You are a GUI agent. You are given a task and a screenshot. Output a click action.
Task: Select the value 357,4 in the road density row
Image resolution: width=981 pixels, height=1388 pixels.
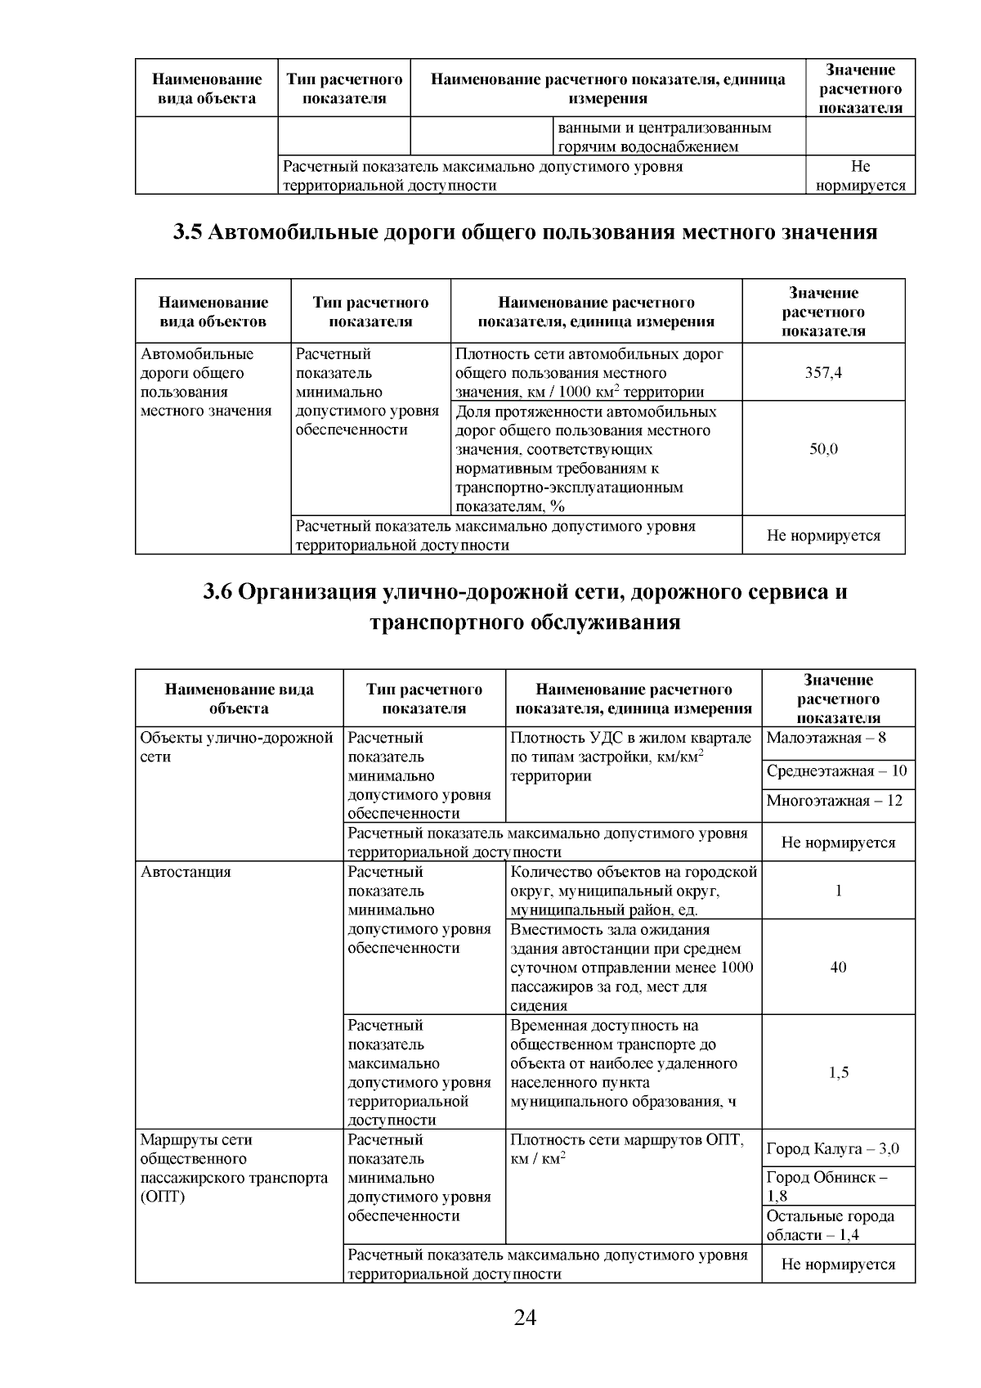[x=824, y=373]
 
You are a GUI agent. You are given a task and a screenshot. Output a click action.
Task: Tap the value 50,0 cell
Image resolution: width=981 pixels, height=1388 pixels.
[x=824, y=449]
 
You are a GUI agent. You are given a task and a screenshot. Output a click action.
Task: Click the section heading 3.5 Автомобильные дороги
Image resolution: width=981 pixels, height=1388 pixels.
[x=524, y=232]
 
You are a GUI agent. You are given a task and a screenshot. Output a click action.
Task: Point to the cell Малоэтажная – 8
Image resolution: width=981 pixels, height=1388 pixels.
[x=826, y=738]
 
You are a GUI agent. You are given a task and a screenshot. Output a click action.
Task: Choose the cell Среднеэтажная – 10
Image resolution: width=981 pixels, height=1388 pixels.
[x=836, y=771]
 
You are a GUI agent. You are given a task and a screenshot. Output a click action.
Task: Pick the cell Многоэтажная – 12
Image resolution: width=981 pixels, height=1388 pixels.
[x=834, y=801]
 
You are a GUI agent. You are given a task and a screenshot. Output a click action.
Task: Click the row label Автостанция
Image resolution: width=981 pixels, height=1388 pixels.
[x=186, y=872]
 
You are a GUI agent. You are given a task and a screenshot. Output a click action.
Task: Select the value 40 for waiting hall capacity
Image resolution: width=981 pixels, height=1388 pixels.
[x=838, y=968]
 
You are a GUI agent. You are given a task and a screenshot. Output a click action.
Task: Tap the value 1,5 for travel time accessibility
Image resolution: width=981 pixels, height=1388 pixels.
[x=838, y=1072]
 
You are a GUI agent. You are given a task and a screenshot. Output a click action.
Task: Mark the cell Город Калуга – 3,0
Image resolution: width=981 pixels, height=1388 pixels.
[x=832, y=1149]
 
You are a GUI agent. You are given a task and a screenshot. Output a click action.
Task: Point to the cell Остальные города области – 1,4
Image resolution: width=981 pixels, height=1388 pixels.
[x=830, y=1225]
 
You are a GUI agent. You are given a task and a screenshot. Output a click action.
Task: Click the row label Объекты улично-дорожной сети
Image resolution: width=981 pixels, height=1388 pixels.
[x=236, y=747]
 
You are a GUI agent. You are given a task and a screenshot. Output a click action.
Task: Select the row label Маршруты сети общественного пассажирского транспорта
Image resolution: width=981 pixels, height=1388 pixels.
[x=233, y=1168]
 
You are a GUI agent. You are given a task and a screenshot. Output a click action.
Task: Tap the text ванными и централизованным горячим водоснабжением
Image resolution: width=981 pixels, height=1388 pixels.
[x=664, y=137]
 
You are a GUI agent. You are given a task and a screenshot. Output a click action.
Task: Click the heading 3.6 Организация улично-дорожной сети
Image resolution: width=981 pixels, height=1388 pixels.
[x=524, y=606]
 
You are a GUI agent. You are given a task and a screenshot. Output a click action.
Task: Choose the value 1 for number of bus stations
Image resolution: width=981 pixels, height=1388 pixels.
[x=838, y=891]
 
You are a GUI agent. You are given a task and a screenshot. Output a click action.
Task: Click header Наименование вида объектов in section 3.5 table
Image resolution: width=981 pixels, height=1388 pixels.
[x=213, y=312]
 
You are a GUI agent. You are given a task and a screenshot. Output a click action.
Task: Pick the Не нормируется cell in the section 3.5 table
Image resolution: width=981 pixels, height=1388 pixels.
[x=823, y=537]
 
